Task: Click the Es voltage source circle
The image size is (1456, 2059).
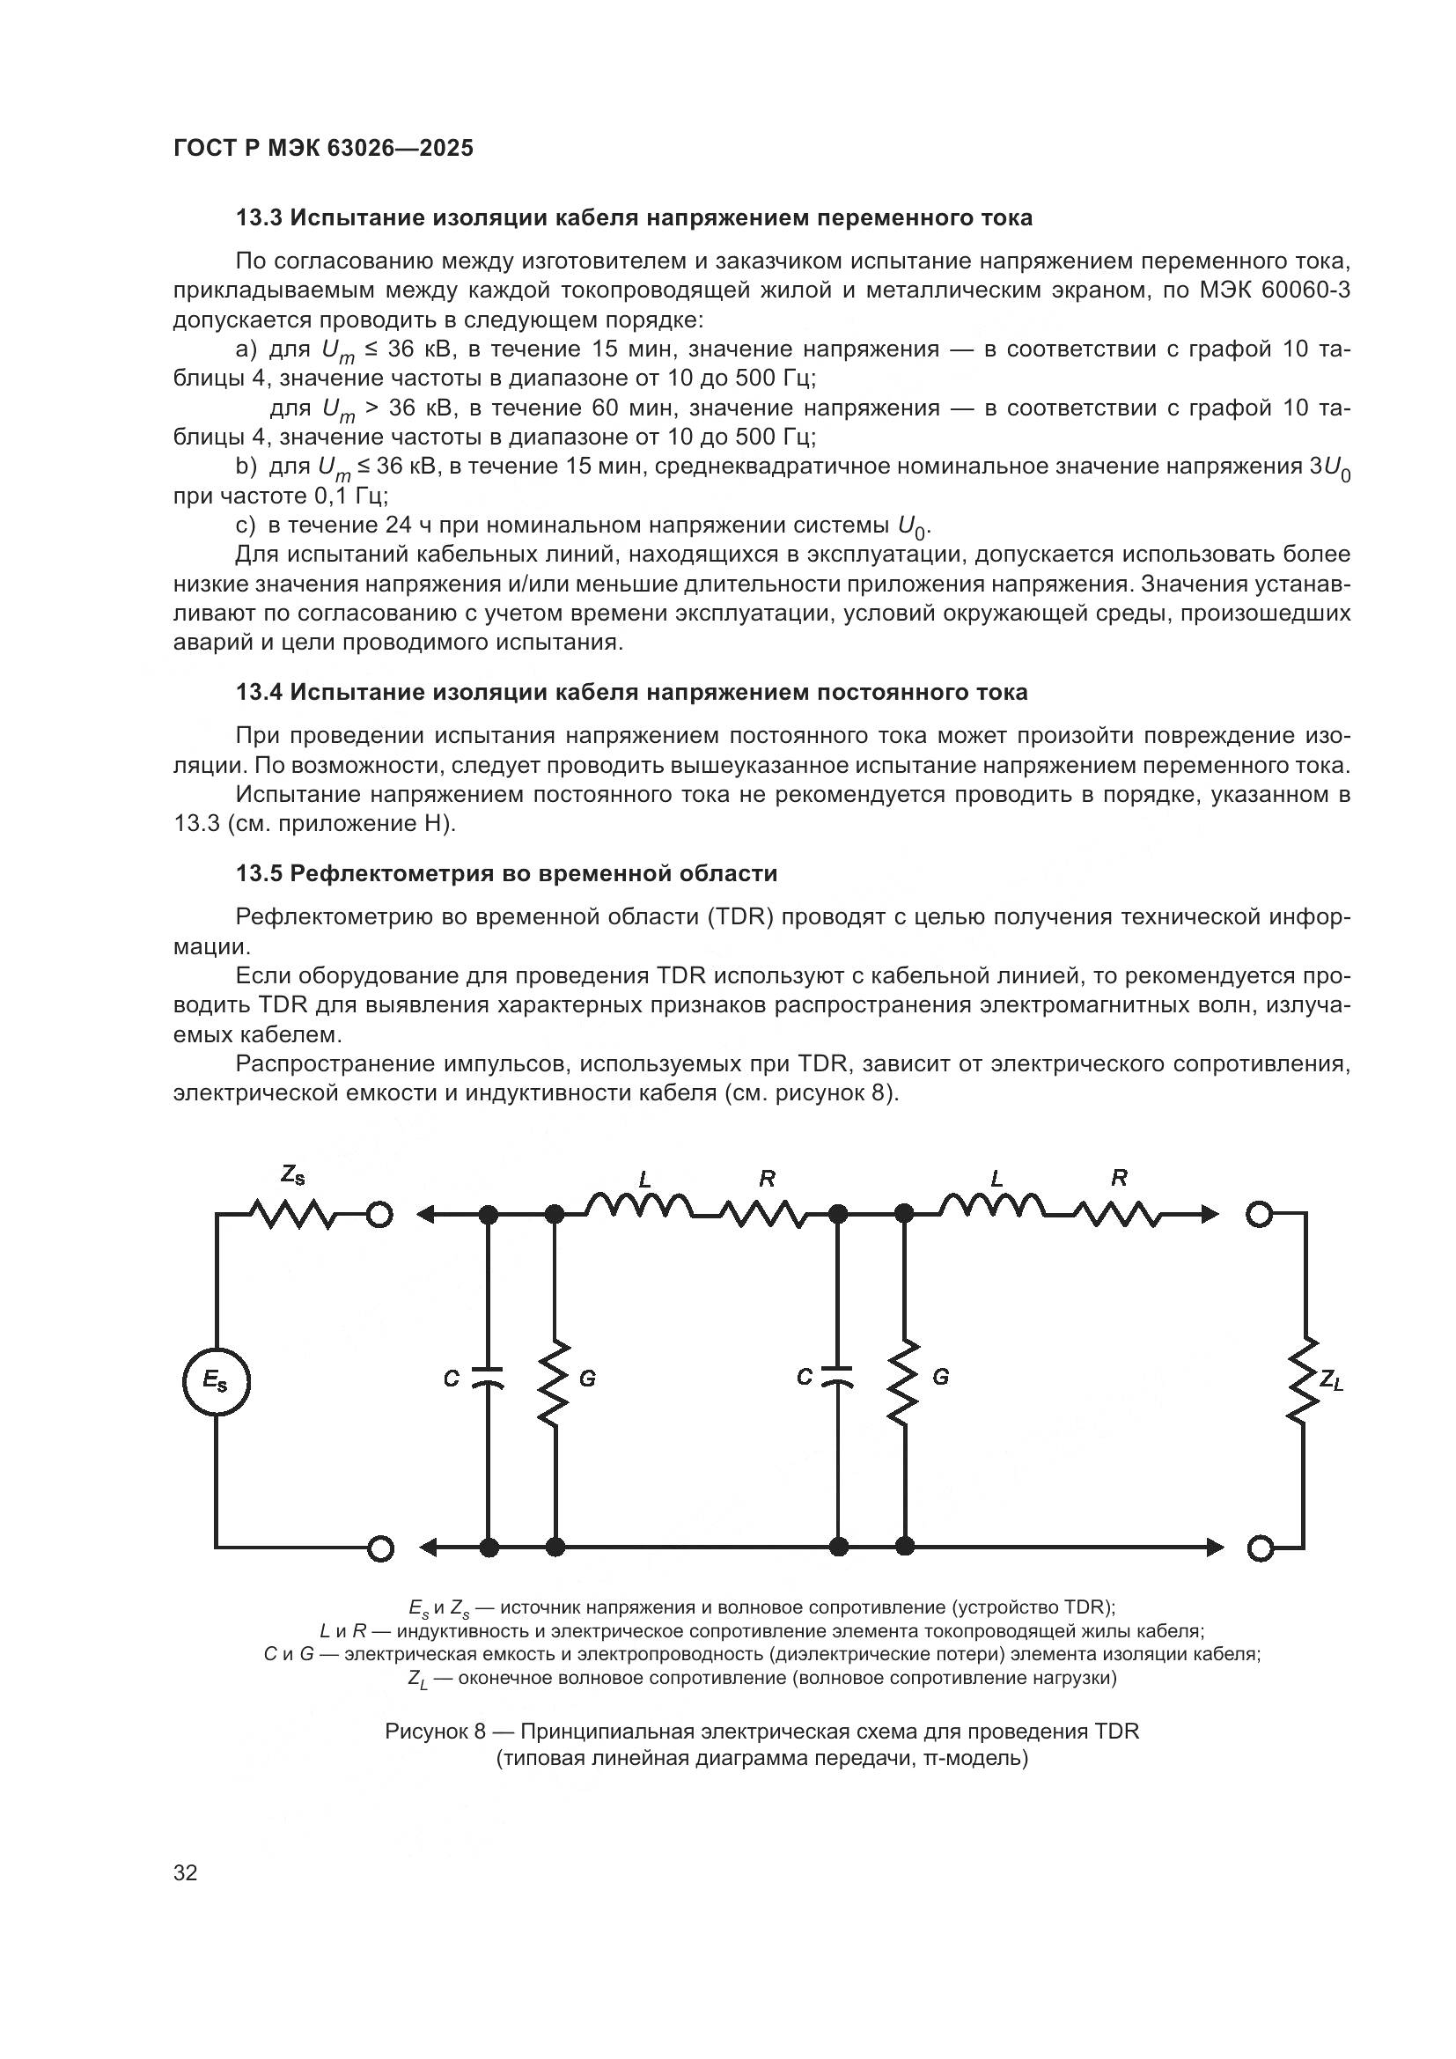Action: coord(215,1382)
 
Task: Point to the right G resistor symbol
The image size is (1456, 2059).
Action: coord(905,1381)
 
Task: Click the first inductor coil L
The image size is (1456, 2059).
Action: coord(639,1208)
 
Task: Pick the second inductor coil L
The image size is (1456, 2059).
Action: coord(991,1208)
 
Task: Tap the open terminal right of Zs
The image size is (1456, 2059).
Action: coord(380,1215)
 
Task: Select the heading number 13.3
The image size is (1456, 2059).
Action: coord(260,218)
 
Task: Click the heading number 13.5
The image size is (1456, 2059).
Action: coord(260,873)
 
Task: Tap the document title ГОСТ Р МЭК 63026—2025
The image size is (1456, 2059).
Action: coord(323,148)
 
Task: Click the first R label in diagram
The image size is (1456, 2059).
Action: coord(768,1180)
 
